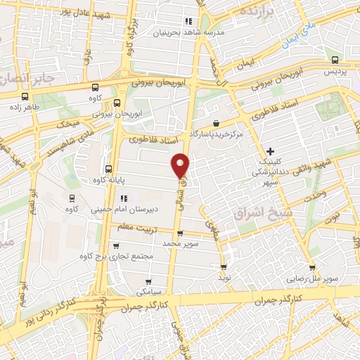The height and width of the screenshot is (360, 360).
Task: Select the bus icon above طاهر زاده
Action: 25,96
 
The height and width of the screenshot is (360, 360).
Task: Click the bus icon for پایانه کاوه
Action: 108,169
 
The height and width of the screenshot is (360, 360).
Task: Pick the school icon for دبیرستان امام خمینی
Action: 124,198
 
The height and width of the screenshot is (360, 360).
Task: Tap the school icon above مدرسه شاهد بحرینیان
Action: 188,21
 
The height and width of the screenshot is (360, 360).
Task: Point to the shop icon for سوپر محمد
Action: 180,233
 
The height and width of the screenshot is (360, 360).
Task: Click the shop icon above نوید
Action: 224,267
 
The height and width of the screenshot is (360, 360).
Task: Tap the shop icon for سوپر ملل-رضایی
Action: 311,268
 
